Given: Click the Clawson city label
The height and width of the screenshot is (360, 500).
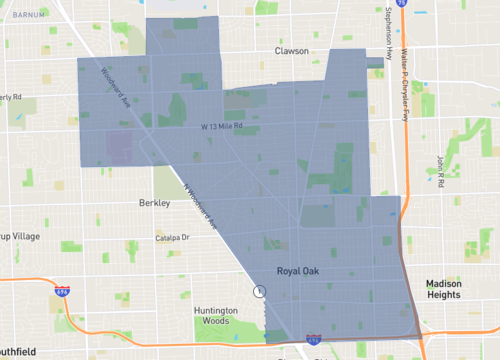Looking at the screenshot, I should click(x=296, y=49).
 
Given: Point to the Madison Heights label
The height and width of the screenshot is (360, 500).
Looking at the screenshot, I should click(x=443, y=289).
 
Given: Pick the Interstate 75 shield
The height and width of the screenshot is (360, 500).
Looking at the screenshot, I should click(x=400, y=4).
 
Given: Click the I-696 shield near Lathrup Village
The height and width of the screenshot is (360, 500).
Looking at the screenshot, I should click(x=62, y=291).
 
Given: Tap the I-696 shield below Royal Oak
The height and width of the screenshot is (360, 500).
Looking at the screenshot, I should click(x=314, y=340).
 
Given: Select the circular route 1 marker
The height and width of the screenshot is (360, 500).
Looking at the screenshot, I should click(x=260, y=292).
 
